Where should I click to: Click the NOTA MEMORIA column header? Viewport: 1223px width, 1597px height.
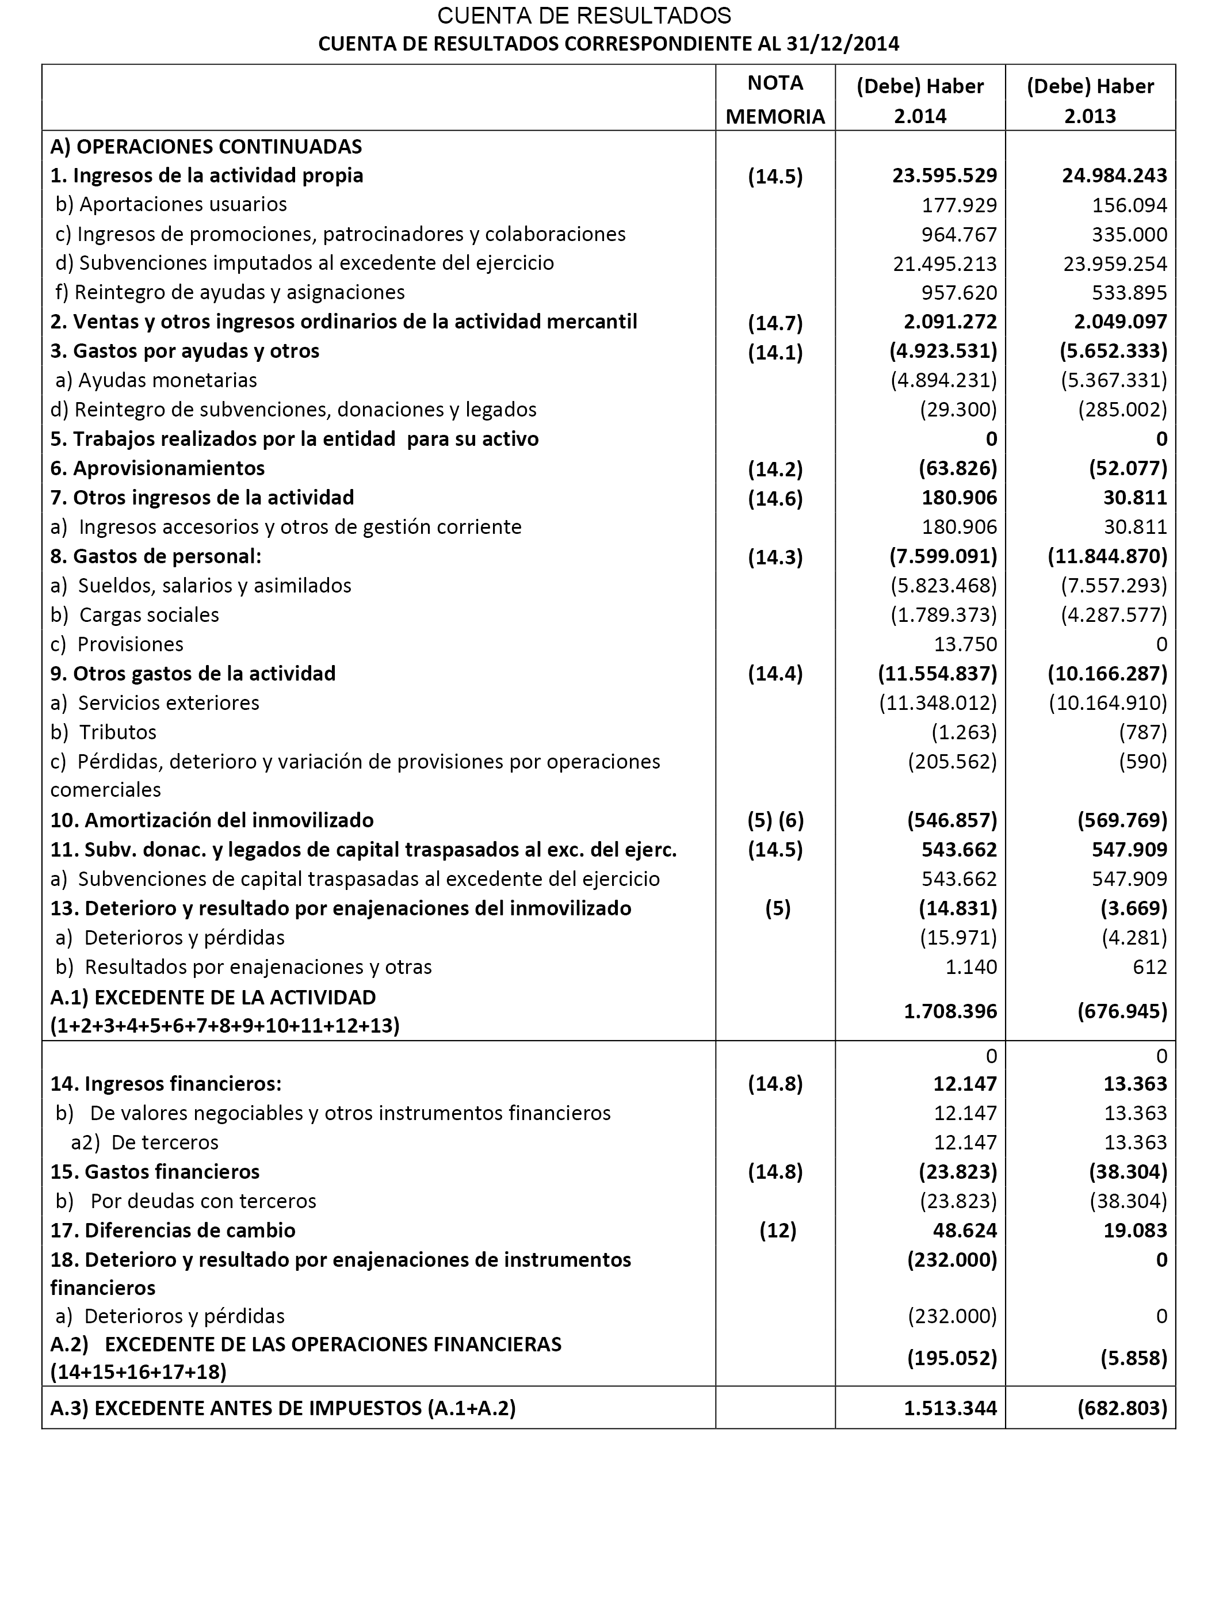(x=775, y=99)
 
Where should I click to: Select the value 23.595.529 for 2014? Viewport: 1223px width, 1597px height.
(x=944, y=175)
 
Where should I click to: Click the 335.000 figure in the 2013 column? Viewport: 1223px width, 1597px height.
(x=1129, y=234)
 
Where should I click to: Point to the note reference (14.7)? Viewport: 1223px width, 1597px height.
(x=775, y=323)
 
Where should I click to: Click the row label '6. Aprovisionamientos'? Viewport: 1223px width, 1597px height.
(x=157, y=468)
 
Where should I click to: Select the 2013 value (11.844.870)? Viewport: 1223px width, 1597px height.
(x=1107, y=557)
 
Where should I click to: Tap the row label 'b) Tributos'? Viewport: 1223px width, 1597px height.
(x=104, y=732)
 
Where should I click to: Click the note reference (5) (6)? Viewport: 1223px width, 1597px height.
(x=775, y=820)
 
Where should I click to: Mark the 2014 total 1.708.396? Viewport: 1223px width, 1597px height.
(x=950, y=1011)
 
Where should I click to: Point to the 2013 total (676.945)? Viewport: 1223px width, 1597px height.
(x=1122, y=1011)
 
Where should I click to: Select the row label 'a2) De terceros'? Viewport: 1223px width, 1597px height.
(x=145, y=1142)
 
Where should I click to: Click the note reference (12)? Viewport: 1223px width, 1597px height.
(x=778, y=1230)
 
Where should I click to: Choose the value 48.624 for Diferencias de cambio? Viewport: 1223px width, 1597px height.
(x=965, y=1230)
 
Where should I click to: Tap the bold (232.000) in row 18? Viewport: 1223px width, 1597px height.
(x=951, y=1260)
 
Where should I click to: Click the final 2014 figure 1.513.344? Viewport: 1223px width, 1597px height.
(x=950, y=1408)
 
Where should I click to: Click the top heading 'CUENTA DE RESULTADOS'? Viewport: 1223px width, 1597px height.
(x=584, y=16)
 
